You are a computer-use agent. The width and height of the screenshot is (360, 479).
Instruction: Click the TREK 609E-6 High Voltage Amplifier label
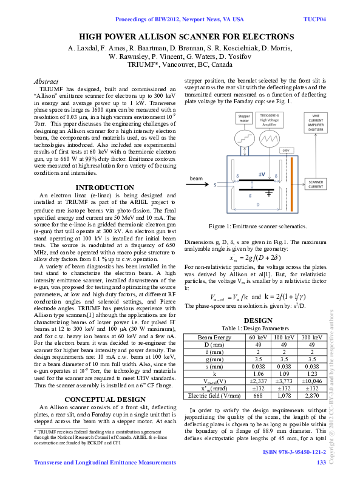pos(270,119)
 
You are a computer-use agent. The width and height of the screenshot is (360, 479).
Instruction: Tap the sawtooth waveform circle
pos(270,140)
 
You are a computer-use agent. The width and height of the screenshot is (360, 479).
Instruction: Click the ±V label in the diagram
pos(262,174)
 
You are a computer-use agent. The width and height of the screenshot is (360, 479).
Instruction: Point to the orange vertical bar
pos(292,184)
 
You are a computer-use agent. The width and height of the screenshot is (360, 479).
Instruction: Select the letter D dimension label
pos(257,205)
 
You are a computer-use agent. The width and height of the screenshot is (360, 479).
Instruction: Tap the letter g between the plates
pos(250,195)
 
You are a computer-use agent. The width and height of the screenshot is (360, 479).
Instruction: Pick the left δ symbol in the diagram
pos(237,176)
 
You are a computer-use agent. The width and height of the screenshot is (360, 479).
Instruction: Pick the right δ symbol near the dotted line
pos(276,176)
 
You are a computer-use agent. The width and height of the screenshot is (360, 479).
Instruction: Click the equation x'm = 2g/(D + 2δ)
pos(255,258)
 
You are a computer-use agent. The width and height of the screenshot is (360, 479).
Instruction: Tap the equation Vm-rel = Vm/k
pos(229,297)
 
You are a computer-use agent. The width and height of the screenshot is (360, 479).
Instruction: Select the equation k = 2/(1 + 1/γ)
pos(285,297)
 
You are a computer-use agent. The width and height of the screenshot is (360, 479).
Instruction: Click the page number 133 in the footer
pos(322,463)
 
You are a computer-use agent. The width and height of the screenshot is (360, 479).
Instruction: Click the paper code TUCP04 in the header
pos(314,19)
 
